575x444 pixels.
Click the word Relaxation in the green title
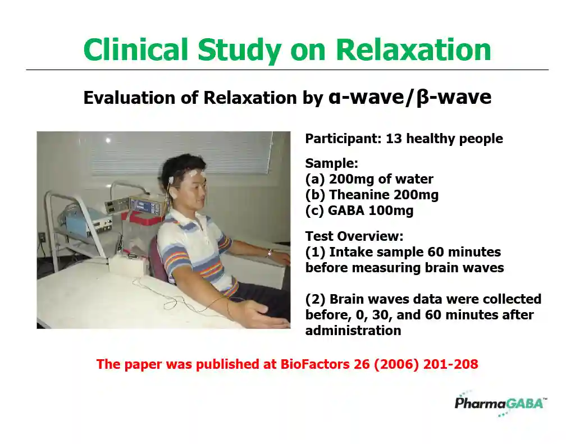[413, 49]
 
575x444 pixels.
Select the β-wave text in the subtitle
[454, 98]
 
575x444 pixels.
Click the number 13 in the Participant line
[394, 139]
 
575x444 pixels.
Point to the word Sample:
[331, 163]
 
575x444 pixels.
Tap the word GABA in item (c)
[346, 210]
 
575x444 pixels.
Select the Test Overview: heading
[354, 236]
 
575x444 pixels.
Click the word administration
[353, 331]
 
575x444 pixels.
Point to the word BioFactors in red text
[315, 364]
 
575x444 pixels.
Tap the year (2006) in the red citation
[396, 364]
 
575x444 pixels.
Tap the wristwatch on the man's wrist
[270, 253]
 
